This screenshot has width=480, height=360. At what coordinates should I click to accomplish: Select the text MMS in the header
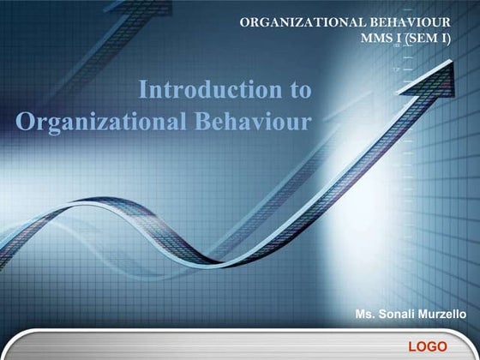coord(380,39)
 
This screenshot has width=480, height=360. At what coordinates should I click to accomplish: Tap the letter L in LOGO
coord(413,346)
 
